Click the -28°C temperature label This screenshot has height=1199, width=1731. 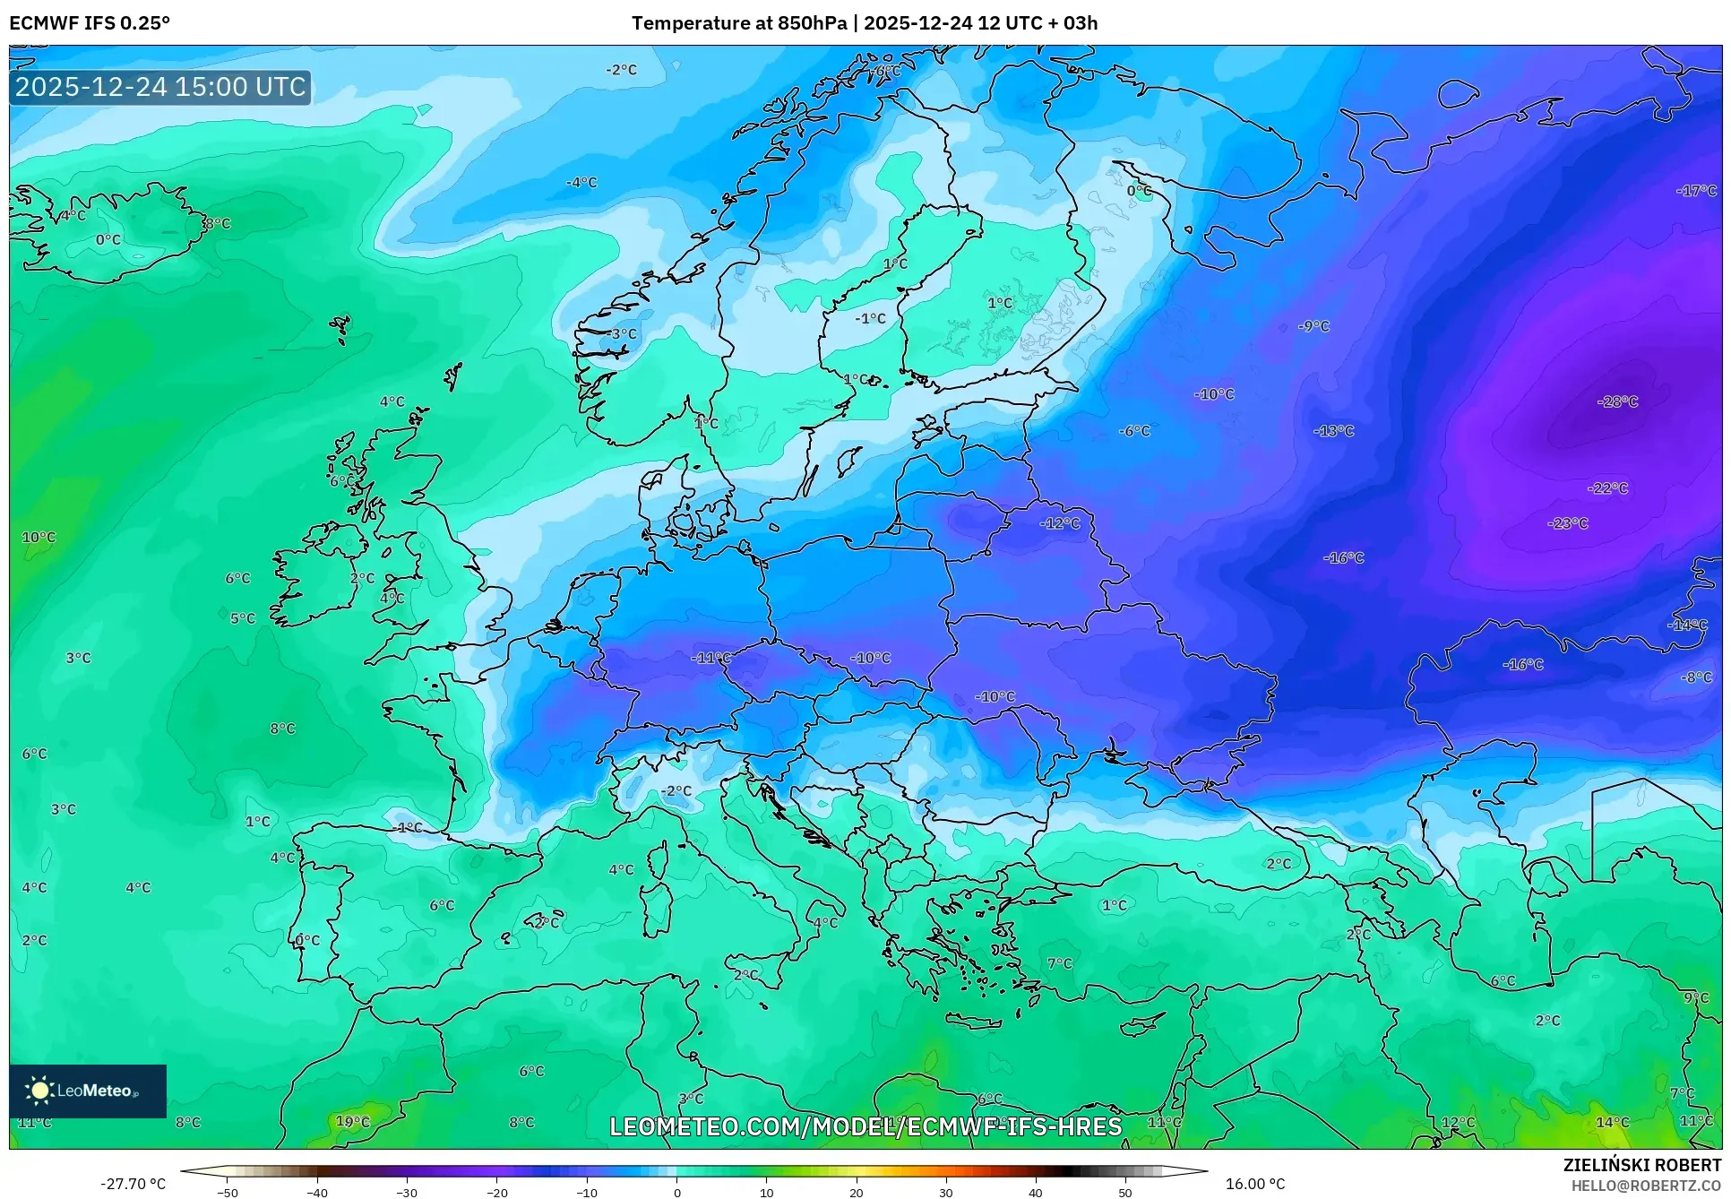[1617, 401]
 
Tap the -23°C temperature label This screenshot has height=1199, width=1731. [1567, 522]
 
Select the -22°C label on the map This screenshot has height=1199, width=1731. [1607, 488]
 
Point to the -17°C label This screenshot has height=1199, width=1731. [1696, 191]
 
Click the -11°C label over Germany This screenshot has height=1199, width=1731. [710, 658]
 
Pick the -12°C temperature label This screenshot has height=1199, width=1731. [1059, 523]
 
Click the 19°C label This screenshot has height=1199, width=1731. [352, 1121]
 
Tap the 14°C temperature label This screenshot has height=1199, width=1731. [1612, 1122]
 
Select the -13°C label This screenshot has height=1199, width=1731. [1333, 431]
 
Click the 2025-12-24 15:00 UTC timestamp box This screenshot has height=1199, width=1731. [160, 87]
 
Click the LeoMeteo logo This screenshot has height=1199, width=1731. [87, 1091]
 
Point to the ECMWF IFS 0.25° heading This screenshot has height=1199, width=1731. [90, 23]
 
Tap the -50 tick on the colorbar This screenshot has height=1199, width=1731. [228, 1193]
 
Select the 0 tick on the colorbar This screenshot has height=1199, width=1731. [676, 1193]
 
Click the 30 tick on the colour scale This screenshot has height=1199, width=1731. [946, 1193]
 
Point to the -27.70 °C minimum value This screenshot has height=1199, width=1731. [133, 1184]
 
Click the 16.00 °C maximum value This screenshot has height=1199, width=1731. [1254, 1184]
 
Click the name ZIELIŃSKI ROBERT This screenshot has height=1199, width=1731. [1641, 1165]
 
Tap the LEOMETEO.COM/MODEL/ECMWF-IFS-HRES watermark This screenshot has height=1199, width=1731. [865, 1126]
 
